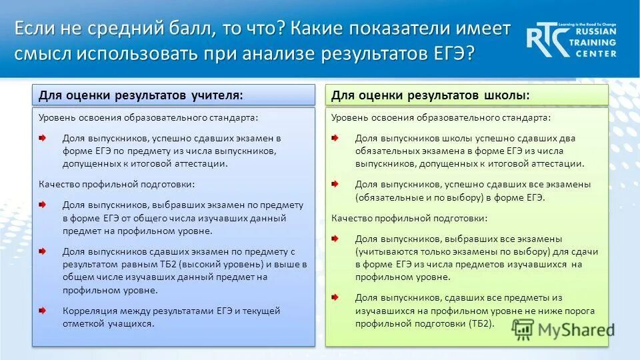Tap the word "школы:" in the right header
click(x=505, y=95)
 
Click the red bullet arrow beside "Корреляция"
click(x=42, y=311)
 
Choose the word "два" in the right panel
click(x=567, y=138)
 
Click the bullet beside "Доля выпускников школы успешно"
click(x=335, y=138)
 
